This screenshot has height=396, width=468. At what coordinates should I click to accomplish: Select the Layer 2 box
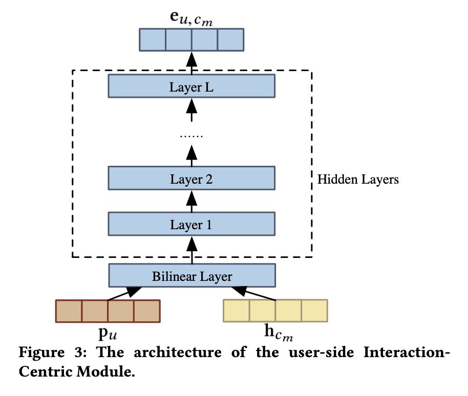[192, 180]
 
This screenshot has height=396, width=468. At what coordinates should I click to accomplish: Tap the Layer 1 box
[192, 224]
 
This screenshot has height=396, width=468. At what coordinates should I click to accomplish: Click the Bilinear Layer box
[192, 277]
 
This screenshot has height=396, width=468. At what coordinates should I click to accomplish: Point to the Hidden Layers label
[358, 180]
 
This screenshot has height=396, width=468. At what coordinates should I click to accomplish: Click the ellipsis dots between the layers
[192, 136]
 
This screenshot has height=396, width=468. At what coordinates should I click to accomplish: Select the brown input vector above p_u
[108, 311]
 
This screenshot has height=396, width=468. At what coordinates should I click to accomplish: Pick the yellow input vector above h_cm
[275, 310]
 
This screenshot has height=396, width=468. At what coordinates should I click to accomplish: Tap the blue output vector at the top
[192, 40]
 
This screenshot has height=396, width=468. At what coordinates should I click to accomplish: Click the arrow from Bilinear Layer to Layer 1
[192, 251]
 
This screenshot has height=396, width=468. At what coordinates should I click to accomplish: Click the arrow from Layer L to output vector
[192, 63]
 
